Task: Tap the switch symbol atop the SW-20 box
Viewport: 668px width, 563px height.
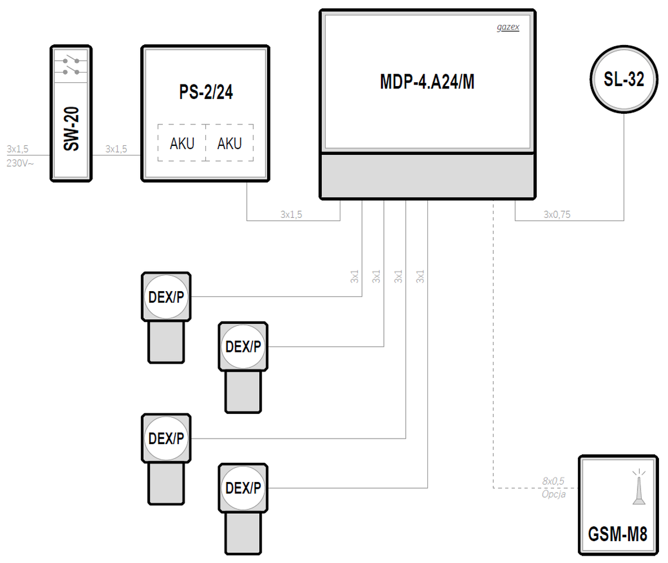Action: [x=70, y=65]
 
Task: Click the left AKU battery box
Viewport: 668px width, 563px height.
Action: [x=182, y=144]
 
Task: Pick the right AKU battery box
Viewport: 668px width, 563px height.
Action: [x=229, y=144]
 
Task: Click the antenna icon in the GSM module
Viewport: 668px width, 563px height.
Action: [x=639, y=487]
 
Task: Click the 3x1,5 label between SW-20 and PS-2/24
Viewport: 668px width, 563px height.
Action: [x=116, y=149]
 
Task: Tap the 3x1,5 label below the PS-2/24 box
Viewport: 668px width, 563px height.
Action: [x=291, y=214]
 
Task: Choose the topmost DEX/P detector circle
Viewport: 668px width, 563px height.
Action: [x=166, y=297]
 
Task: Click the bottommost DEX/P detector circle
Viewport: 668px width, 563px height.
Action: [x=243, y=488]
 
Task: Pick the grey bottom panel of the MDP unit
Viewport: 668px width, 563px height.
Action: [x=427, y=176]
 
